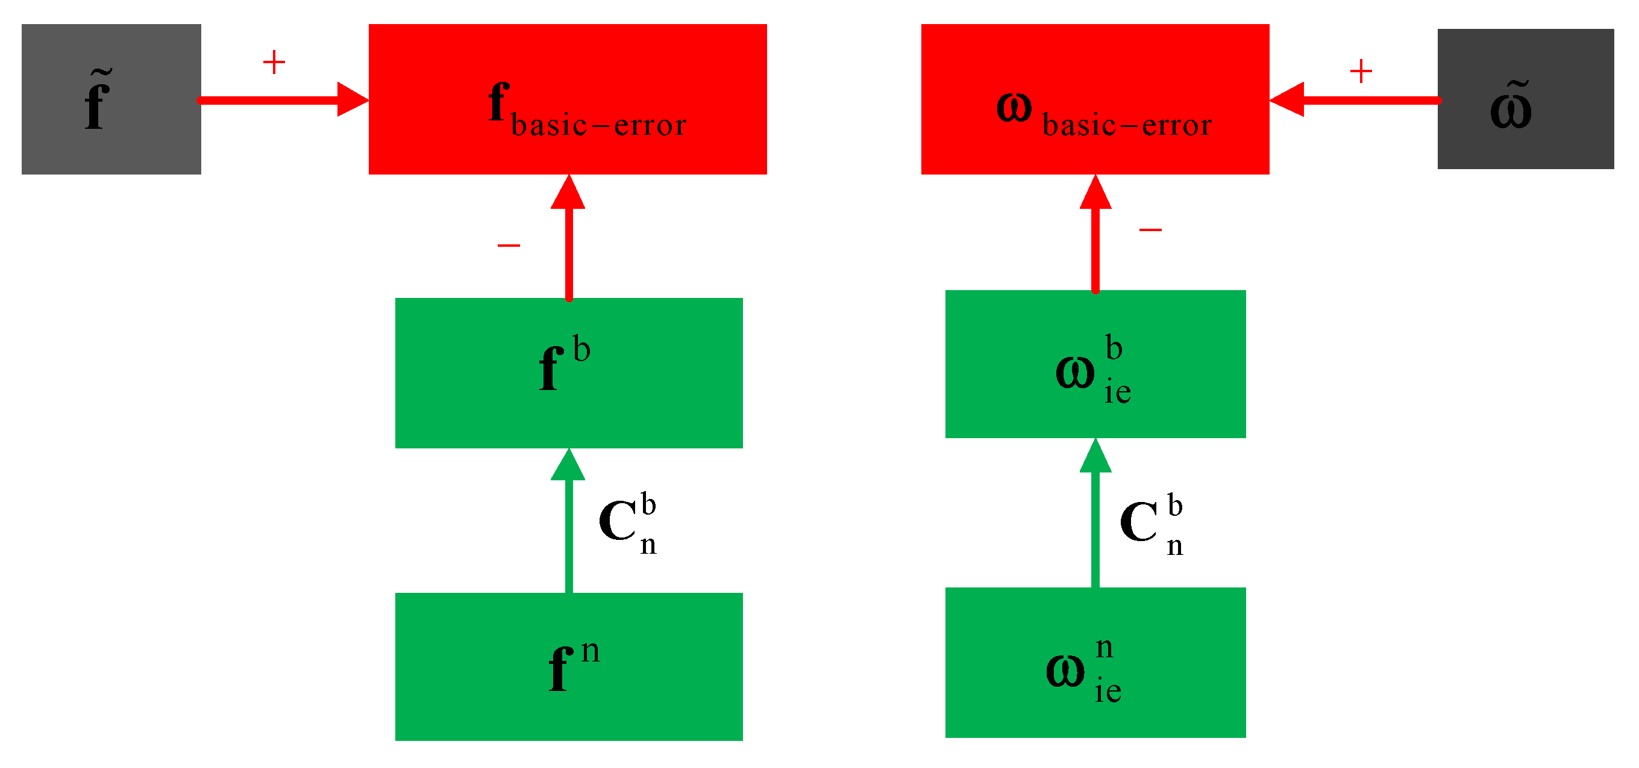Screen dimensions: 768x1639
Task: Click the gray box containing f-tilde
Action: click(111, 99)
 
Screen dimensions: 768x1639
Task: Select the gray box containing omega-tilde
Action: click(1525, 99)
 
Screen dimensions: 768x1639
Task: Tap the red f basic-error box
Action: click(568, 99)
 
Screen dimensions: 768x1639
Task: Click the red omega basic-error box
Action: click(1095, 99)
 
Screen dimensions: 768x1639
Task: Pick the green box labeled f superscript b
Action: click(569, 373)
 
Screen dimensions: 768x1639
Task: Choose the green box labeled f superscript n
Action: click(569, 666)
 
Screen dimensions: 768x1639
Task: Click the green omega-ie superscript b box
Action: click(1095, 364)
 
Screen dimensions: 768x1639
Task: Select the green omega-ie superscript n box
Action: click(1095, 662)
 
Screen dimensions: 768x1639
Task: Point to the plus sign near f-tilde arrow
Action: click(274, 63)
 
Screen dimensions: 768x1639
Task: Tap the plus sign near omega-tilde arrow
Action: click(1361, 70)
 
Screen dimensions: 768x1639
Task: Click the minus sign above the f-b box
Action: click(509, 246)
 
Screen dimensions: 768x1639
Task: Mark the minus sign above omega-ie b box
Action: click(1150, 229)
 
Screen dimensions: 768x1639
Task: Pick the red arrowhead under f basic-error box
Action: click(568, 192)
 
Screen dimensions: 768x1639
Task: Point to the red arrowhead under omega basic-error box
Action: click(1095, 192)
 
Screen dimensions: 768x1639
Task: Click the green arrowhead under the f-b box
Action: click(568, 465)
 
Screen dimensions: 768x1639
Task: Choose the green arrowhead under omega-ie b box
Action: click(1095, 456)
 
